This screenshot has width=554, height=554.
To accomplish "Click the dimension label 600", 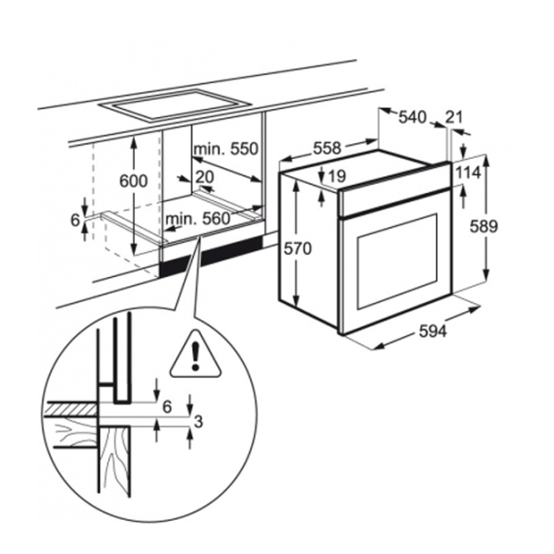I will tap(135, 182).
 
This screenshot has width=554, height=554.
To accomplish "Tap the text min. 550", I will tap(225, 149).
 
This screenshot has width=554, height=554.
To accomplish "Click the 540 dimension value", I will tap(412, 117).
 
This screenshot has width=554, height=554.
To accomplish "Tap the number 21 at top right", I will tap(453, 117).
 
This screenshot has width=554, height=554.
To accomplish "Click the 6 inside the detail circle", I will tap(166, 405).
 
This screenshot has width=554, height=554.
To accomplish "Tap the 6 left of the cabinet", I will tap(77, 219).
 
